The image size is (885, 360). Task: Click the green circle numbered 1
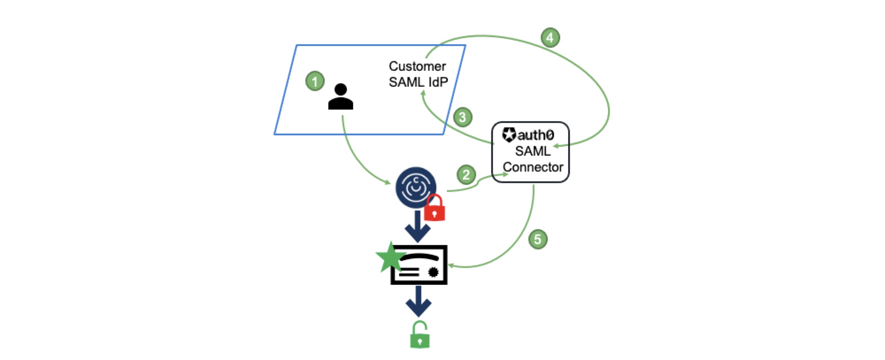(x=315, y=81)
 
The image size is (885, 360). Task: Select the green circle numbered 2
(x=466, y=175)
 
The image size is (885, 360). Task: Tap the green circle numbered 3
(x=462, y=117)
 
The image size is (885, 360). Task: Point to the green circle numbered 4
(x=550, y=38)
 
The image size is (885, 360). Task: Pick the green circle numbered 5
(x=538, y=239)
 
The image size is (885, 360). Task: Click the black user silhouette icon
(x=340, y=97)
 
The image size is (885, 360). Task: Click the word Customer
(x=417, y=66)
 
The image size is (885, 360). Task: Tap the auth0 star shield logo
(x=509, y=134)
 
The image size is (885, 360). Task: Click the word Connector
(x=533, y=167)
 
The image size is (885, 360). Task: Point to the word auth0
(x=536, y=134)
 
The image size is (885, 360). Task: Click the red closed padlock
(x=435, y=208)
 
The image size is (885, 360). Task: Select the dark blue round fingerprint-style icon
(x=415, y=187)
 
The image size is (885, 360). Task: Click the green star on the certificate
(x=390, y=257)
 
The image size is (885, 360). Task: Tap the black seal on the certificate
(x=433, y=272)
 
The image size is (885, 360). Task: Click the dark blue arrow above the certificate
(x=418, y=226)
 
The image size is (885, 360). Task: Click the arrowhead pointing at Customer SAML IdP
(x=423, y=92)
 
